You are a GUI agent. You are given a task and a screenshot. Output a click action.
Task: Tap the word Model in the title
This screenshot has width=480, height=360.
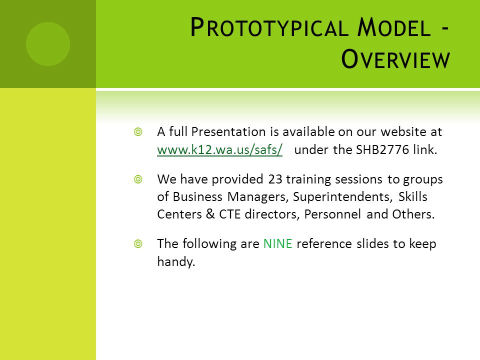[394, 27]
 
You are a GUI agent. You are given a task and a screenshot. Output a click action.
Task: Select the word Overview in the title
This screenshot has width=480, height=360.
[395, 59]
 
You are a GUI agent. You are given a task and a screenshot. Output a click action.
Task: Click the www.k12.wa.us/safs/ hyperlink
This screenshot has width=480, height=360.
[219, 149]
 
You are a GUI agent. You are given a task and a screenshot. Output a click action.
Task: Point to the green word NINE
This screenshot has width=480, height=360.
[277, 244]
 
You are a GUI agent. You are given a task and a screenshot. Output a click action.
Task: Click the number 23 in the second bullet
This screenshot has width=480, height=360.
[275, 179]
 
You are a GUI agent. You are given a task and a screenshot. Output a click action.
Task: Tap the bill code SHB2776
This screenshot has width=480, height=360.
[382, 149]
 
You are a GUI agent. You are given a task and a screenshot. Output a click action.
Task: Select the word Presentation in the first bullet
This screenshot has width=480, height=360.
[228, 132]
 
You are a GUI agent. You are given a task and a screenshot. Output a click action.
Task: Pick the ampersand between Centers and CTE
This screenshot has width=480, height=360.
[210, 214]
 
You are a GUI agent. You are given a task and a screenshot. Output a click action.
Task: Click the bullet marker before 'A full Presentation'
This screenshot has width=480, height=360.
[138, 132]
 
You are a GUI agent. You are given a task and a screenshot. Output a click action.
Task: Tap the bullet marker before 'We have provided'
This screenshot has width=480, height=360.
[138, 179]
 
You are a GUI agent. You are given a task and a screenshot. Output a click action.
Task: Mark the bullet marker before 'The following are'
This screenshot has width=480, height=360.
[138, 244]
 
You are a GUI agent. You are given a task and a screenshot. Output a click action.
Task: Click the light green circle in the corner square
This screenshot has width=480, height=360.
[48, 44]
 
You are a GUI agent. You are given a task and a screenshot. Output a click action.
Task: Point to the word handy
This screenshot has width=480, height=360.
[176, 261]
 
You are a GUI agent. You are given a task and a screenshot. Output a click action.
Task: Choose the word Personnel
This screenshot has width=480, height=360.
[332, 214]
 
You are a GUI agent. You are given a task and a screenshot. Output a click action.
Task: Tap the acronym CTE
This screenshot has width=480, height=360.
[229, 214]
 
